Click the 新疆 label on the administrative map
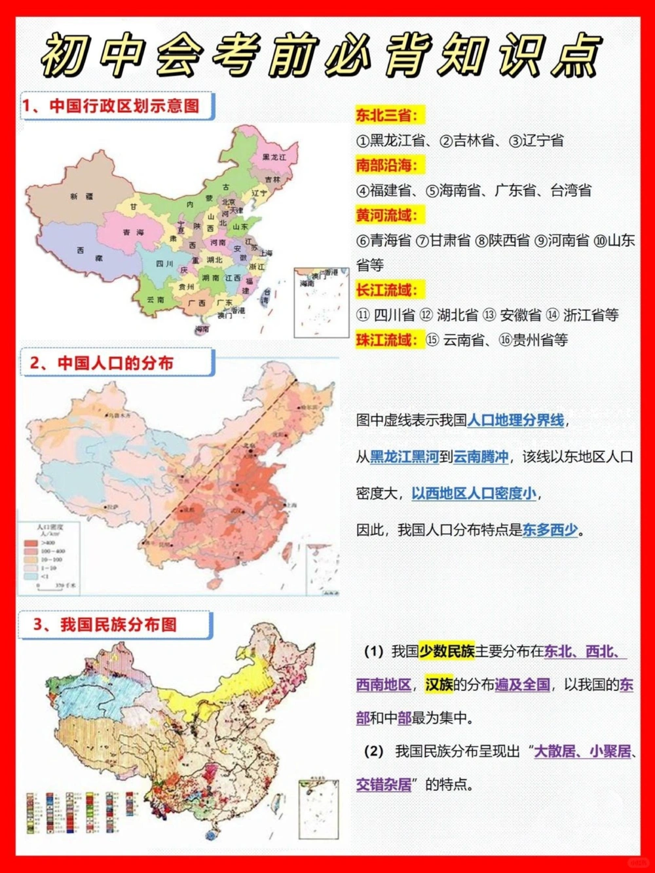pos(82,196)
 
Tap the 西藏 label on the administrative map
pos(90,254)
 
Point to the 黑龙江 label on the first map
pos(274,157)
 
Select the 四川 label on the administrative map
pos(164,264)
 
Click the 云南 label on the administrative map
pos(156,299)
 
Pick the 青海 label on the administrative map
pos(134,232)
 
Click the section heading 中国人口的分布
pos(115,363)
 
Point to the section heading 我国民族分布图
pos(118,625)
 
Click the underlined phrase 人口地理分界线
pos(515,420)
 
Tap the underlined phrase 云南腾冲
pos(481,457)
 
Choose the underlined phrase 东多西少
pos(550,530)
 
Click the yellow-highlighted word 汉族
pos(439,685)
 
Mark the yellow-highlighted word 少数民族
pos(447,651)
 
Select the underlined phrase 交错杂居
pos(384,785)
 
